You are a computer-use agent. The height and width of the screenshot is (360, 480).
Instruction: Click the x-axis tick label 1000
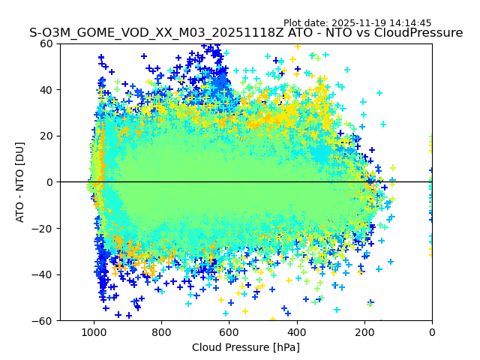coord(94,331)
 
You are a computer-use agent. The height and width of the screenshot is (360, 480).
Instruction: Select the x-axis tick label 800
coord(161,331)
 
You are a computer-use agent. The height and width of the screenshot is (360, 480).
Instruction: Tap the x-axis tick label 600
coord(229,331)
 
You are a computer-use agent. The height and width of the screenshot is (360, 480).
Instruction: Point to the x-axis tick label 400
coord(297,331)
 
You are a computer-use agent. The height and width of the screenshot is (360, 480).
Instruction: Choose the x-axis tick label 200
coord(364,331)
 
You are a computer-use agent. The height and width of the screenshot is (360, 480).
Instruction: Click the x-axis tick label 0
coord(432,331)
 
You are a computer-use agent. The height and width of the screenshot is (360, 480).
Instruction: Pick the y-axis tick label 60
coord(47,43)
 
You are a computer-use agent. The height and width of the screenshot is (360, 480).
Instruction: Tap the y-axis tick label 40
coord(47,90)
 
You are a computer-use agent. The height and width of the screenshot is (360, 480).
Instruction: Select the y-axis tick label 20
coord(47,136)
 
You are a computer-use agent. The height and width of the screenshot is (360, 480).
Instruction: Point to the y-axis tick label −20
coord(44,228)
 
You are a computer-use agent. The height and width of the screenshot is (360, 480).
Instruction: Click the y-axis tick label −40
coord(44,274)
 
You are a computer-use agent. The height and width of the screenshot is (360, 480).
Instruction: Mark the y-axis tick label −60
coord(44,320)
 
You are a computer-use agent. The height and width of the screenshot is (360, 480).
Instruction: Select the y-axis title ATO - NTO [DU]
coord(21,182)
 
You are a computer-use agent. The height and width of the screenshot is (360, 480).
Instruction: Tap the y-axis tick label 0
coord(50,182)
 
